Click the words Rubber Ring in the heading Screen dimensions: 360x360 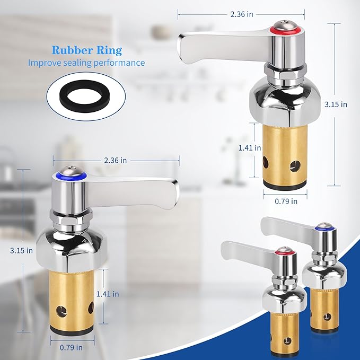coord(86,50)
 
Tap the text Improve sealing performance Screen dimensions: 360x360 coord(86,63)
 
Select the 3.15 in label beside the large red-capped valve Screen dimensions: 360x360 coord(336,104)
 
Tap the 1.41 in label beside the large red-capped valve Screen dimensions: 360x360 coord(250,148)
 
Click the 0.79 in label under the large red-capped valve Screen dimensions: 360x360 coord(287,201)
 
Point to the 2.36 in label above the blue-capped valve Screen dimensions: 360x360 coord(116,160)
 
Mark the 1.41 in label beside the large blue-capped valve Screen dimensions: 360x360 coord(108,293)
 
